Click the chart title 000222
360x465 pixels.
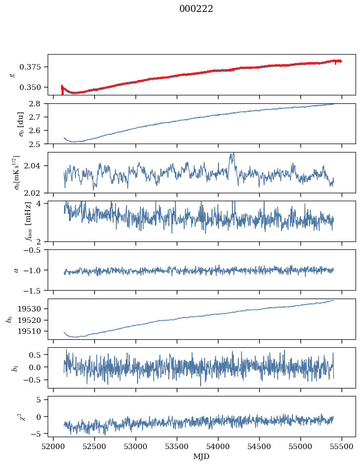pos(196,9)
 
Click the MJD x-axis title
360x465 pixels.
pos(202,456)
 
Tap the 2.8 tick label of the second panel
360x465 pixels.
pos(38,103)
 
